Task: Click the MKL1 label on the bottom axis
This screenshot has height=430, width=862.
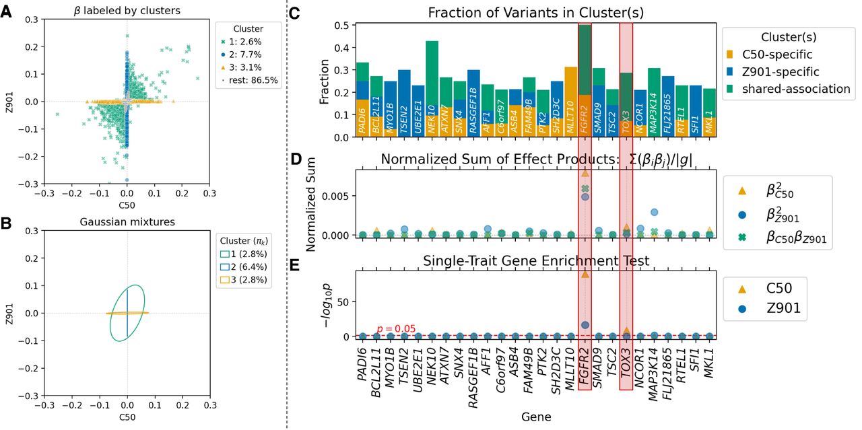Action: pyautogui.click(x=710, y=369)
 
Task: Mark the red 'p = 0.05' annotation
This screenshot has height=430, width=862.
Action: pyautogui.click(x=395, y=329)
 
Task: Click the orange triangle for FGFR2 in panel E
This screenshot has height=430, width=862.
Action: pyautogui.click(x=585, y=274)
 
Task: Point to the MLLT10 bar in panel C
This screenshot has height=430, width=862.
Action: pyautogui.click(x=570, y=102)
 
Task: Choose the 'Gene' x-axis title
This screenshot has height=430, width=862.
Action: pyautogui.click(x=536, y=417)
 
